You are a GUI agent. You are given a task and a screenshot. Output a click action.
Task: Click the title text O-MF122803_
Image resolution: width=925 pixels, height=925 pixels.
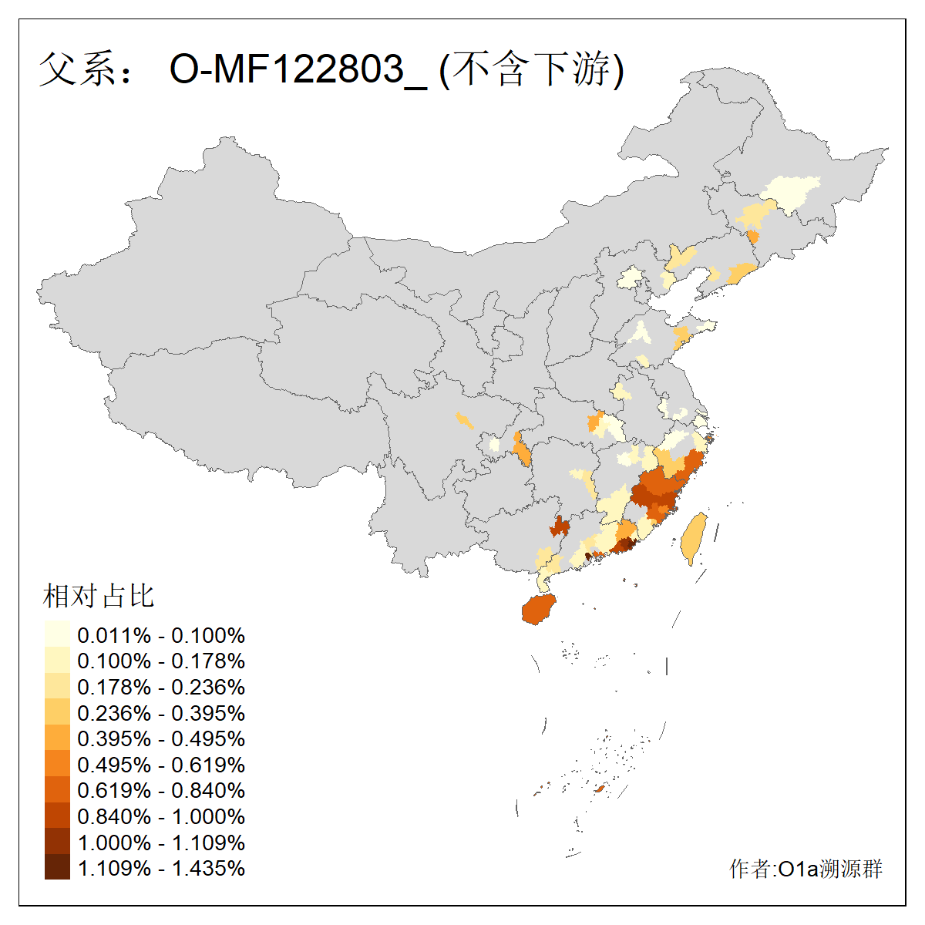(298, 69)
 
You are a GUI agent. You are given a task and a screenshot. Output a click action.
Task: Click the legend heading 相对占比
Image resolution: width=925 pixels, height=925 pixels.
(99, 595)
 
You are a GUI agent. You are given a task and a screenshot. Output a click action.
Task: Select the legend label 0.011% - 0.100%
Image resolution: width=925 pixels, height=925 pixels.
(161, 635)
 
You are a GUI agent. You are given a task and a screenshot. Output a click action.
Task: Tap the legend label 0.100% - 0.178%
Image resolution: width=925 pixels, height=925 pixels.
(161, 661)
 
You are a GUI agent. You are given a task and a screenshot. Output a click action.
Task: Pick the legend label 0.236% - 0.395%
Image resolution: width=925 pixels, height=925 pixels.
(161, 713)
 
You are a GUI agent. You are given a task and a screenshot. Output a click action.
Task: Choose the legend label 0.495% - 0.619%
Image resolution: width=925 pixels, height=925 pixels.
(161, 765)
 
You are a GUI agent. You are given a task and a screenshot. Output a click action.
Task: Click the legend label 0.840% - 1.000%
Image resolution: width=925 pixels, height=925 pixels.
(161, 816)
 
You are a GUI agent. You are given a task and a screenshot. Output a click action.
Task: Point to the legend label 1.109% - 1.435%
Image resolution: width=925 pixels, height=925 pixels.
(161, 868)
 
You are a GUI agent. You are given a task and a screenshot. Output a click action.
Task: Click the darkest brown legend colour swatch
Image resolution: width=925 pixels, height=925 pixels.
(57, 868)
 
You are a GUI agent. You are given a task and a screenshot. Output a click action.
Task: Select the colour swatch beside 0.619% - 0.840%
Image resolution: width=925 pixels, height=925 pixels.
(57, 790)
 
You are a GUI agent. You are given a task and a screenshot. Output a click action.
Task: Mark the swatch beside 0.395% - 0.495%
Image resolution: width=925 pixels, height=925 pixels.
(57, 738)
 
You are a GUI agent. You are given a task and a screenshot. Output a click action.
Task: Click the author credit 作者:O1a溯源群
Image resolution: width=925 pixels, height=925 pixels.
(806, 869)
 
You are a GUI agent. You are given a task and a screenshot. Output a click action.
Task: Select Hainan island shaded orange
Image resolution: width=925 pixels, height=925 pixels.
(539, 609)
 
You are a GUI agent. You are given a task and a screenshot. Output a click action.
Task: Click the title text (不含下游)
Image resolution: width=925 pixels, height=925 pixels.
(531, 69)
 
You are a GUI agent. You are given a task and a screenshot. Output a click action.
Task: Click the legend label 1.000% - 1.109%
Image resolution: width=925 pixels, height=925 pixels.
(161, 843)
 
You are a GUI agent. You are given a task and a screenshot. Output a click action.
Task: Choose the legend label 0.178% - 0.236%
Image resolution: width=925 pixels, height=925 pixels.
(161, 687)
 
